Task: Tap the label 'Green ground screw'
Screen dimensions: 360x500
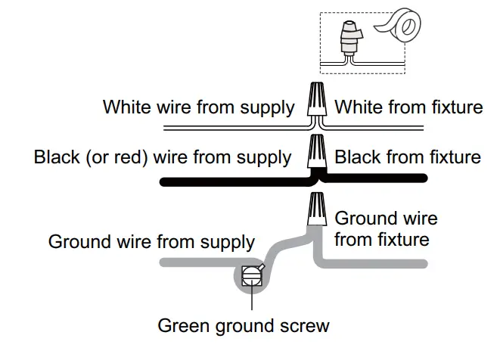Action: [244, 326]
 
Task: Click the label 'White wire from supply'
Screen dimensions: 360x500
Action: [198, 107]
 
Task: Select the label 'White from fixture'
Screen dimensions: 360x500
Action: [408, 107]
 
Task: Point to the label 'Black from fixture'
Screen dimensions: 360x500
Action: [408, 157]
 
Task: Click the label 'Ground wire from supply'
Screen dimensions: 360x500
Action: [151, 242]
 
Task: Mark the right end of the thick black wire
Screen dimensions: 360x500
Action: [424, 179]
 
